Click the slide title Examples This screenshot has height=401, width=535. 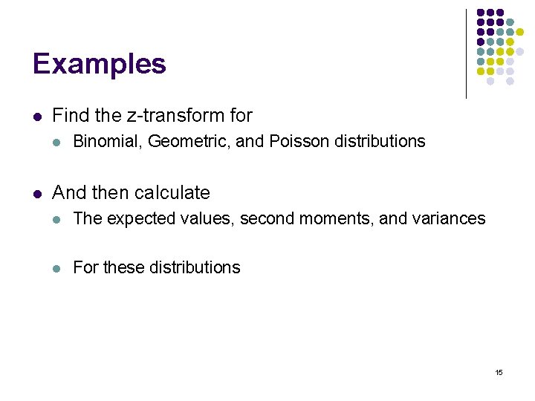tap(99, 64)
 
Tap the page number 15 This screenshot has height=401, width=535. tap(499, 372)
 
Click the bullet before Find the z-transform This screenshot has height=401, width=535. tap(37, 117)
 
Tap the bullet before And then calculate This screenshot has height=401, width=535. tap(37, 194)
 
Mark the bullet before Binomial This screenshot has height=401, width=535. tap(58, 142)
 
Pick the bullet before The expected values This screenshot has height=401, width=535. tap(58, 219)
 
